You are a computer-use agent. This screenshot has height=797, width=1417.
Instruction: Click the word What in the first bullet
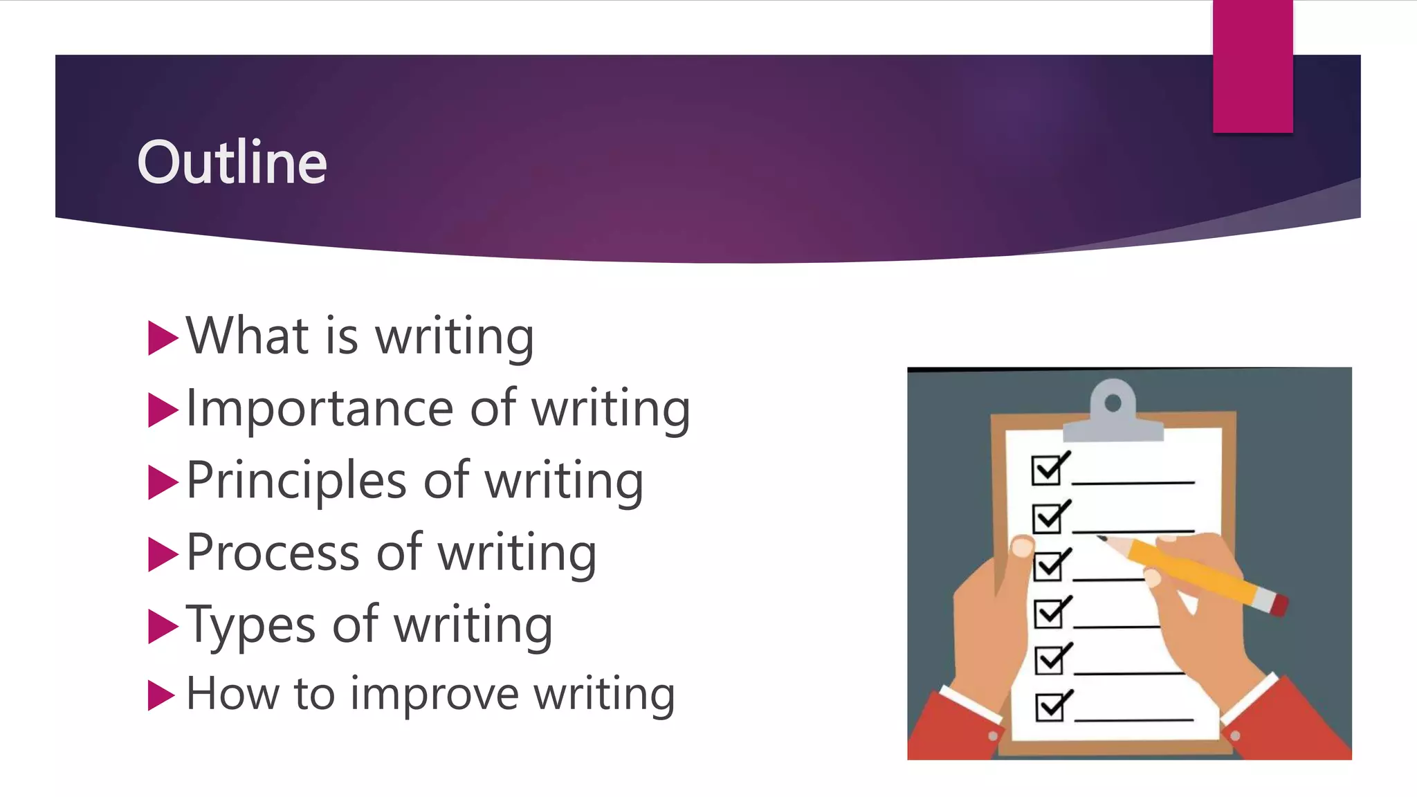tap(246, 336)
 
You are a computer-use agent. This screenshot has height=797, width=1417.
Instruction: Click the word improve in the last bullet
tap(434, 694)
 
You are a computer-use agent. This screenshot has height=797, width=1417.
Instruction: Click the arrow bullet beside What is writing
tap(162, 338)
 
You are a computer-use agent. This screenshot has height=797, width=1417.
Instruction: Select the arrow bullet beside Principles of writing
tap(162, 482)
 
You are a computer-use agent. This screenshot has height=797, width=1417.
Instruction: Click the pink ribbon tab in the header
tap(1252, 66)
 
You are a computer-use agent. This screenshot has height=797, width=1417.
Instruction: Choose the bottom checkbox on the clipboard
tap(1050, 707)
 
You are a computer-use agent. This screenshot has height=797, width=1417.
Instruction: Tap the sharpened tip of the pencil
tap(1101, 538)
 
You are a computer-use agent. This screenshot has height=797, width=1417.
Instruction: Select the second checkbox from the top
tap(1048, 518)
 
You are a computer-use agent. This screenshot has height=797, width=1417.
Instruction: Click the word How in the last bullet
tap(232, 694)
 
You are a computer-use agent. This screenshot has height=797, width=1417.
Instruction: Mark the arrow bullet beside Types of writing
tap(162, 626)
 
